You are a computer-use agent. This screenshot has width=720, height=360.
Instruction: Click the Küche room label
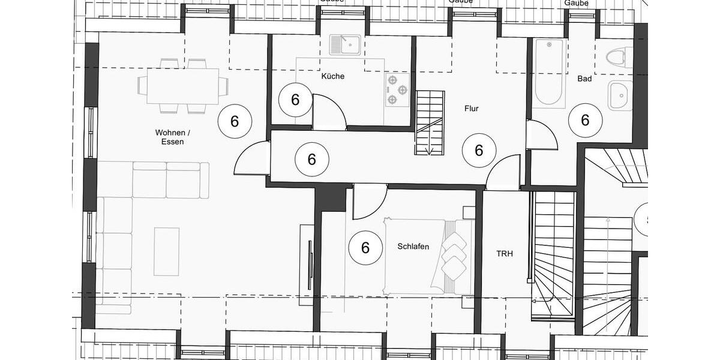[x=333, y=76]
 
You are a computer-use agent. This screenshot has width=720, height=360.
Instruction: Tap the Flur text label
[x=472, y=109]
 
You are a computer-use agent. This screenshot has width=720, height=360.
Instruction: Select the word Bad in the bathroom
[x=584, y=79]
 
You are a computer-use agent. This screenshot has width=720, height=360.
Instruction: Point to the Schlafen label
[x=413, y=246]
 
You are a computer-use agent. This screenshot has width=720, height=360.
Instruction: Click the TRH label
[x=505, y=254]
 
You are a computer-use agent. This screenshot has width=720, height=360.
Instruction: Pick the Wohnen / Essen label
[x=169, y=137]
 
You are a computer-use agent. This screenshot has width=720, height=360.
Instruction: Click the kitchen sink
[x=345, y=45]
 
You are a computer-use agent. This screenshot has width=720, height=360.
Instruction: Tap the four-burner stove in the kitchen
[x=397, y=90]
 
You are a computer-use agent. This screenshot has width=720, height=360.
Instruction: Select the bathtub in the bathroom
[x=549, y=72]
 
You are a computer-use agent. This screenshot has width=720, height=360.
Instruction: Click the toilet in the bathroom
[x=619, y=58]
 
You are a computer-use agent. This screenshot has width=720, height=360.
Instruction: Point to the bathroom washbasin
[x=620, y=95]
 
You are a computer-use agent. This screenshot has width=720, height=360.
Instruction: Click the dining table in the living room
[x=182, y=86]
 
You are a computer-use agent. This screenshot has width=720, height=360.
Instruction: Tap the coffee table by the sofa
[x=166, y=251]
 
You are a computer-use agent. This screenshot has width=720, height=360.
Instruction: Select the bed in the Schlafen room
[x=427, y=257]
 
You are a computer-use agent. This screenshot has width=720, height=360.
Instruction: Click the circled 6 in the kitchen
[x=295, y=100]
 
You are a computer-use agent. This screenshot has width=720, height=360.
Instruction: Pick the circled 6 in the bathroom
[x=585, y=120]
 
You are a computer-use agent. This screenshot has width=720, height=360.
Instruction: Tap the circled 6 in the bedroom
[x=364, y=247]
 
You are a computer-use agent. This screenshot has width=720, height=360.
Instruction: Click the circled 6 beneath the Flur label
[x=479, y=150]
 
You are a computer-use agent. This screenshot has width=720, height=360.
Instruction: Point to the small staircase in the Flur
[x=430, y=122]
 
